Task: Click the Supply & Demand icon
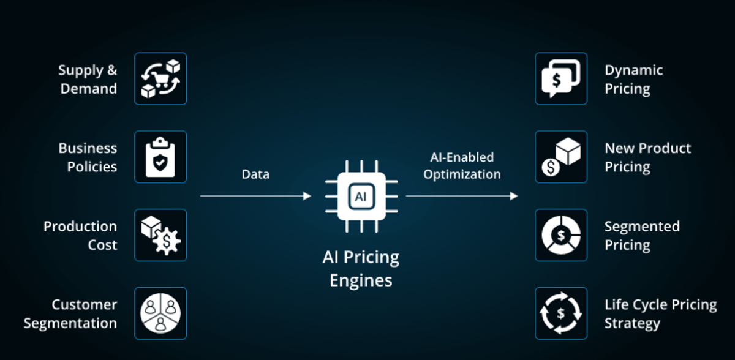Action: (x=160, y=79)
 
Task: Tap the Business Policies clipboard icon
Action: (x=160, y=157)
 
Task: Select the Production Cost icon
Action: (x=160, y=236)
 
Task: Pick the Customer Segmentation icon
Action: (x=160, y=313)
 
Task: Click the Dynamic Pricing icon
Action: (x=561, y=79)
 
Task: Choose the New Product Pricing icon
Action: (x=561, y=157)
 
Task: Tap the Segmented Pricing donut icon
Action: (x=561, y=236)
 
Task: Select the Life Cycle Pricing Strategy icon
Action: (x=561, y=313)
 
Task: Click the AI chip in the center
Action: (x=360, y=196)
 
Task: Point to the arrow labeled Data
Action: (x=255, y=196)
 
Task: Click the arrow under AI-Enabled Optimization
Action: (x=462, y=196)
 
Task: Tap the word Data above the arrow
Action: (x=255, y=174)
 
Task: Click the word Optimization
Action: (x=462, y=174)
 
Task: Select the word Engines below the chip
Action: (x=361, y=280)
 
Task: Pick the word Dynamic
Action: (x=633, y=70)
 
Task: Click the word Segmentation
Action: (x=70, y=323)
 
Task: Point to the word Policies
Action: (x=92, y=167)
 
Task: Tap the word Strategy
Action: (x=632, y=323)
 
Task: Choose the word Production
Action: (x=80, y=227)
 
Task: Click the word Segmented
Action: (x=642, y=227)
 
